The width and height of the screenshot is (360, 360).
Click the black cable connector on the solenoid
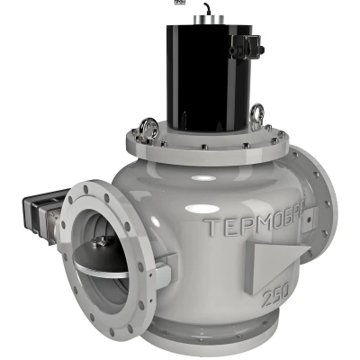pos(246,46)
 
